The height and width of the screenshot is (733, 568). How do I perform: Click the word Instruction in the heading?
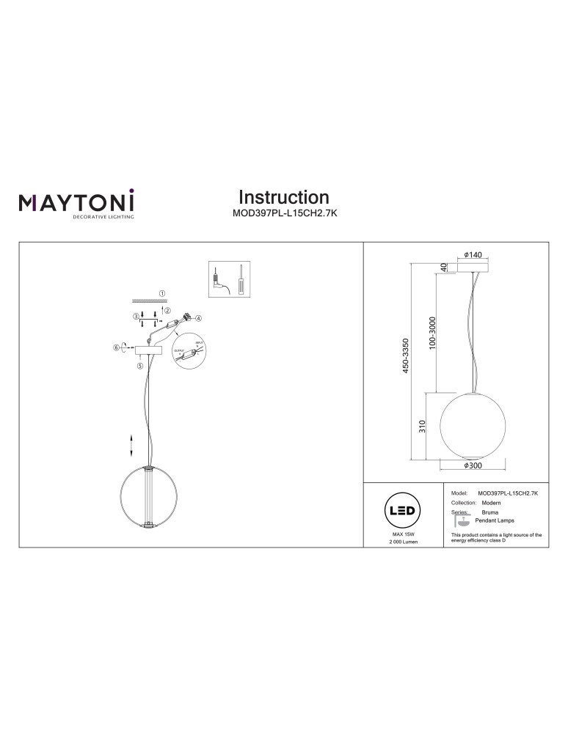point(284,197)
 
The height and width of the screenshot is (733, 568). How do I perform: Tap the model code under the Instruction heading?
point(284,214)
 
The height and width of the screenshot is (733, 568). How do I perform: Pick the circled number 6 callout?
point(116,347)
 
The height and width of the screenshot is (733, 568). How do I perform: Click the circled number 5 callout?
point(139,364)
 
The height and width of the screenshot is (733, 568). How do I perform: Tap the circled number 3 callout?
point(135,317)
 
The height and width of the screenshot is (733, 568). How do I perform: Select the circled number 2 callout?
point(167,310)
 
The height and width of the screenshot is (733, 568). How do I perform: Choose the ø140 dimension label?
point(473,254)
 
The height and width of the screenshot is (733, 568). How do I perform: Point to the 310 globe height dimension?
point(423,426)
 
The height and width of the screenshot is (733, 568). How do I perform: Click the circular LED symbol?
point(403,511)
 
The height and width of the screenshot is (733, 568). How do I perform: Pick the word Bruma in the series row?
point(489,512)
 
